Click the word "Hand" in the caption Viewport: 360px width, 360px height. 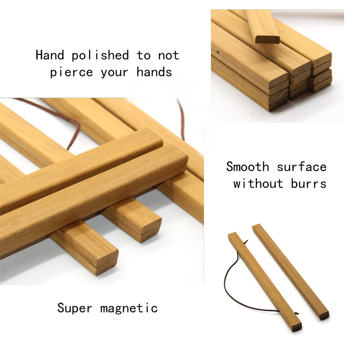[x=50, y=55]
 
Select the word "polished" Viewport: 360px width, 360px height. [x=100, y=56]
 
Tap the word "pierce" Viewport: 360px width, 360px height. [x=71, y=72]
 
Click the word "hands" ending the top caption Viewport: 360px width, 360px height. [x=154, y=72]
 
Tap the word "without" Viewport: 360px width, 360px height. [x=258, y=183]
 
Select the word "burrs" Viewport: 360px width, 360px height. [x=309, y=183]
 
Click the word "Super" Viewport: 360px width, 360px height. [x=75, y=308]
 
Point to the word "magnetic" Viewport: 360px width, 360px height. [x=129, y=308]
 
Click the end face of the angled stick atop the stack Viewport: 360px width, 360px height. [x=268, y=39]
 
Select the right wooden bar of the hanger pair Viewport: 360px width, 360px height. [x=291, y=272]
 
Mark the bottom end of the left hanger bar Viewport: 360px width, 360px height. [x=297, y=327]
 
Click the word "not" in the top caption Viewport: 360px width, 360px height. [x=169, y=56]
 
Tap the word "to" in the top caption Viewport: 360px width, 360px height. [x=143, y=56]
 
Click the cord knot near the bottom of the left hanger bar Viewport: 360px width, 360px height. [x=297, y=313]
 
